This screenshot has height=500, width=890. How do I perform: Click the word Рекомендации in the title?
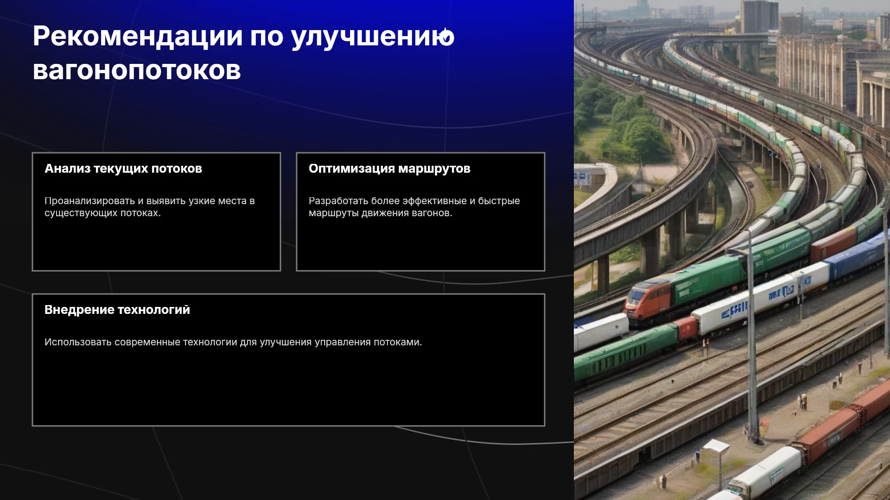(138, 36)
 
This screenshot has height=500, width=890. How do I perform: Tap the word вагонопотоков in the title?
(137, 70)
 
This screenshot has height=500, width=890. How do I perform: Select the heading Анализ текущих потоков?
(123, 169)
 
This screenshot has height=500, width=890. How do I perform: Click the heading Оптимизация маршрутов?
(389, 169)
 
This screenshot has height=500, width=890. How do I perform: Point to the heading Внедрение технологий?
(117, 310)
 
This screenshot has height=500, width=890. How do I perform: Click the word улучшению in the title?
(373, 37)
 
